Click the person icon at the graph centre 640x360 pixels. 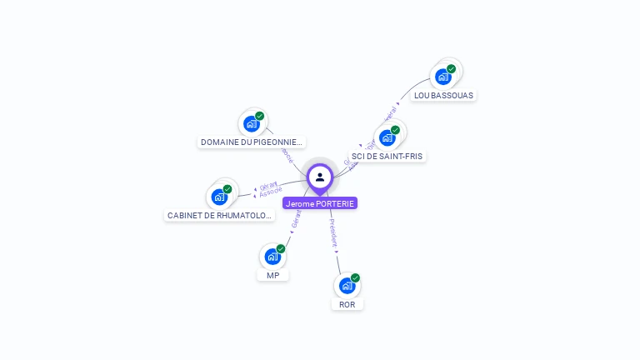click(320, 177)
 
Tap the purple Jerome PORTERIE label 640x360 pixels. click(320, 203)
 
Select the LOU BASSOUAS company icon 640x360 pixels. click(442, 77)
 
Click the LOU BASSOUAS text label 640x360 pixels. click(443, 95)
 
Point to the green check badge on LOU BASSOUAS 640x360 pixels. click(451, 68)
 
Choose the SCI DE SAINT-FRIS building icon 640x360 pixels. click(387, 137)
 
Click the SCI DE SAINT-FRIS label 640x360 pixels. click(387, 156)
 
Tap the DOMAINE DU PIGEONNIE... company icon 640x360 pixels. click(251, 124)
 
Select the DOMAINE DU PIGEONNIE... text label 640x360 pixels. click(251, 142)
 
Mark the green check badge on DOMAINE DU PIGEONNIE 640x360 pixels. click(259, 116)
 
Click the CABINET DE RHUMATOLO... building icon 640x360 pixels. click(219, 197)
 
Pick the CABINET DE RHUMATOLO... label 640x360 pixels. click(220, 215)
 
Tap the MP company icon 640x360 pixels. click(272, 257)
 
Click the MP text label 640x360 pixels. click(272, 275)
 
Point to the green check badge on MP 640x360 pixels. click(281, 248)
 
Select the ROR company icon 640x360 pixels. click(347, 286)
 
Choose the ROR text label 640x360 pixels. click(347, 304)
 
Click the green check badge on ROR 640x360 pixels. click(355, 277)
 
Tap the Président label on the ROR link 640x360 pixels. click(333, 234)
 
